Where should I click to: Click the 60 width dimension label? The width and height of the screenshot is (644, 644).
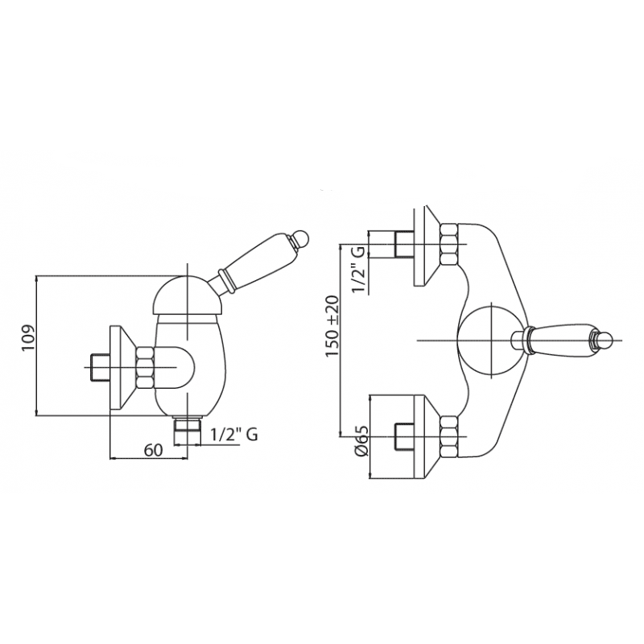(x=153, y=450)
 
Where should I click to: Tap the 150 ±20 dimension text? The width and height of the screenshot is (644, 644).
(x=332, y=326)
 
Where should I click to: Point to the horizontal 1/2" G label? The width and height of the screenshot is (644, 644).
(x=234, y=434)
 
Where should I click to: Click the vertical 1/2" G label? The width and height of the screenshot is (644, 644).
(x=357, y=270)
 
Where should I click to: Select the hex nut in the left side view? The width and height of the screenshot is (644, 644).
(x=146, y=368)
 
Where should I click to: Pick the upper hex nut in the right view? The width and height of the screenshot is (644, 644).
(x=449, y=244)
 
